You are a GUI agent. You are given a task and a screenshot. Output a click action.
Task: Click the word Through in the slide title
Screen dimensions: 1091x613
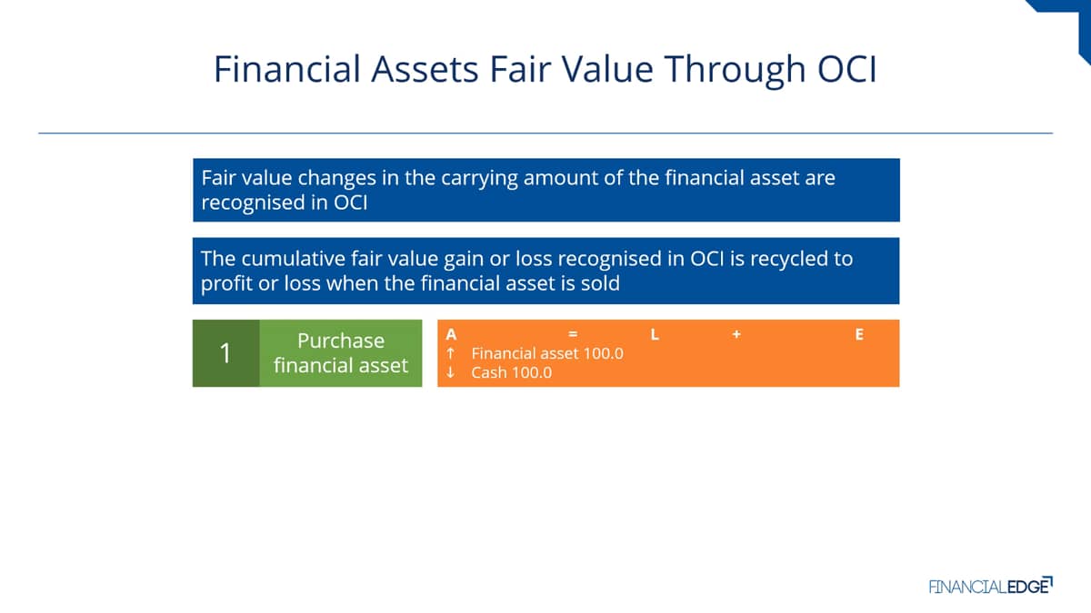[x=735, y=70]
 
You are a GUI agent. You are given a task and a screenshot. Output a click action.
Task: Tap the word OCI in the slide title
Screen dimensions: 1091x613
[x=847, y=69]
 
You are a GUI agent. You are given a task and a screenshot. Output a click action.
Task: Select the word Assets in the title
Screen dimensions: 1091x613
[x=425, y=69]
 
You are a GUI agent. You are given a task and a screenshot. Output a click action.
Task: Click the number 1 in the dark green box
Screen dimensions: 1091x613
[x=225, y=352]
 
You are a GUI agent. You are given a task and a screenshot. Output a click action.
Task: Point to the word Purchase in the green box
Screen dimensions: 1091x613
[x=341, y=341]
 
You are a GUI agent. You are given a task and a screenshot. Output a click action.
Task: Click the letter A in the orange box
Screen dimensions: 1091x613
[x=451, y=334]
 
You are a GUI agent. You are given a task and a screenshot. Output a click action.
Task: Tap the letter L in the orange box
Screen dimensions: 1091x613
[x=655, y=334]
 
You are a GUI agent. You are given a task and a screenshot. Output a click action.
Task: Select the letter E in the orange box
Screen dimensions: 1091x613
[x=859, y=334]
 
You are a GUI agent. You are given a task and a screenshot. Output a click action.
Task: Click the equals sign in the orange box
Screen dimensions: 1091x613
[x=573, y=334]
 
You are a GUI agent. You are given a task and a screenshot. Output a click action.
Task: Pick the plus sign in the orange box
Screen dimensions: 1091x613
[x=736, y=334]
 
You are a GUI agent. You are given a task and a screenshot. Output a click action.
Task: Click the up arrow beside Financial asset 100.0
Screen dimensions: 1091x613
[x=451, y=353]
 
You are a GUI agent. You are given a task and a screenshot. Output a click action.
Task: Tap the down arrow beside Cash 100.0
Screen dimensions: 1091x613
[x=451, y=372]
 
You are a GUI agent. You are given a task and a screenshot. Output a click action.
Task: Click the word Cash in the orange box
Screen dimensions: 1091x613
[x=489, y=372]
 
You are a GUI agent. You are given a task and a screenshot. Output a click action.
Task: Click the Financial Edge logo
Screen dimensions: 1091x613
[x=991, y=586]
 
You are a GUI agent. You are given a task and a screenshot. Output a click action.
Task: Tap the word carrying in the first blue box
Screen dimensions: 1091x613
[x=479, y=179]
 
